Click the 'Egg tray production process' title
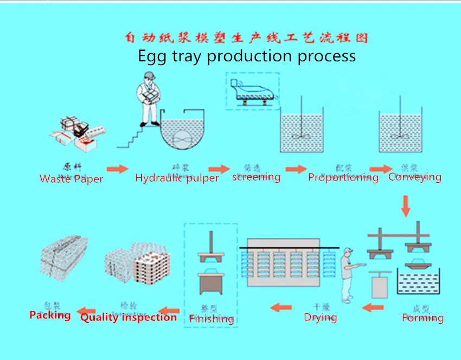[x=247, y=56]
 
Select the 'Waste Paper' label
[x=71, y=178]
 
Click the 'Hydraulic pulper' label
[x=177, y=177]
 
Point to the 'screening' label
[x=256, y=177]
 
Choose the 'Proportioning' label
[x=343, y=177]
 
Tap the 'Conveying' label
[x=415, y=177]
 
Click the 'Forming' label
[x=422, y=318]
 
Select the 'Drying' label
[x=320, y=317]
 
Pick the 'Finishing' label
[x=212, y=318]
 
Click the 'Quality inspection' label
[x=129, y=317]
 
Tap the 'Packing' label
[x=50, y=315]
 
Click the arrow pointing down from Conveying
[x=406, y=205]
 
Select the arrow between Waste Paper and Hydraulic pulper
[x=117, y=170]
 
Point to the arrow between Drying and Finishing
[x=282, y=308]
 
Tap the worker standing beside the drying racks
[x=348, y=274]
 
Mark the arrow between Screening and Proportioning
[x=296, y=169]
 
